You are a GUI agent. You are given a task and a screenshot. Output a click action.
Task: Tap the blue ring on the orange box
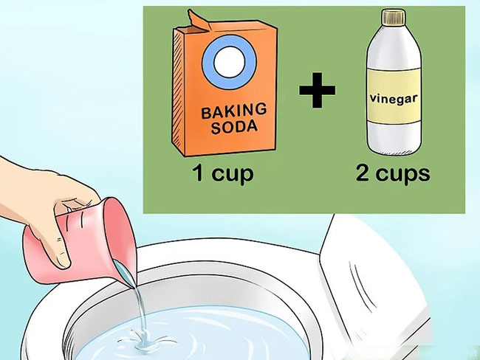[x=225, y=63]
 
